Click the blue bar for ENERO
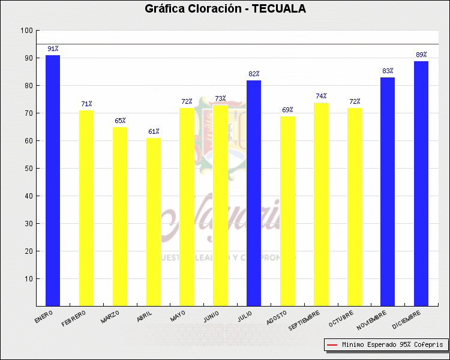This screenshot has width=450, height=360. tap(53, 180)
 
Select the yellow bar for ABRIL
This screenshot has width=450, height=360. tap(154, 222)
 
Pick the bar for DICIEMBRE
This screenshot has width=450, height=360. tap(421, 183)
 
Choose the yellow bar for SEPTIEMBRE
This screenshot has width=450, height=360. tap(321, 204)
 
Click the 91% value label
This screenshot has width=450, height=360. tap(53, 49)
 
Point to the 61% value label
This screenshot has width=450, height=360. tap(154, 131)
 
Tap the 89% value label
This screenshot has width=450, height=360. tap(421, 55)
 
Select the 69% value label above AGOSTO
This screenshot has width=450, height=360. tap(287, 110)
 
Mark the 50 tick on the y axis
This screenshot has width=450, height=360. tap(28, 169)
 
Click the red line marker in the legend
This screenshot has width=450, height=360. tap(332, 345)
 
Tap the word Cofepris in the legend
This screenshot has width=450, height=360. tap(429, 345)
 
